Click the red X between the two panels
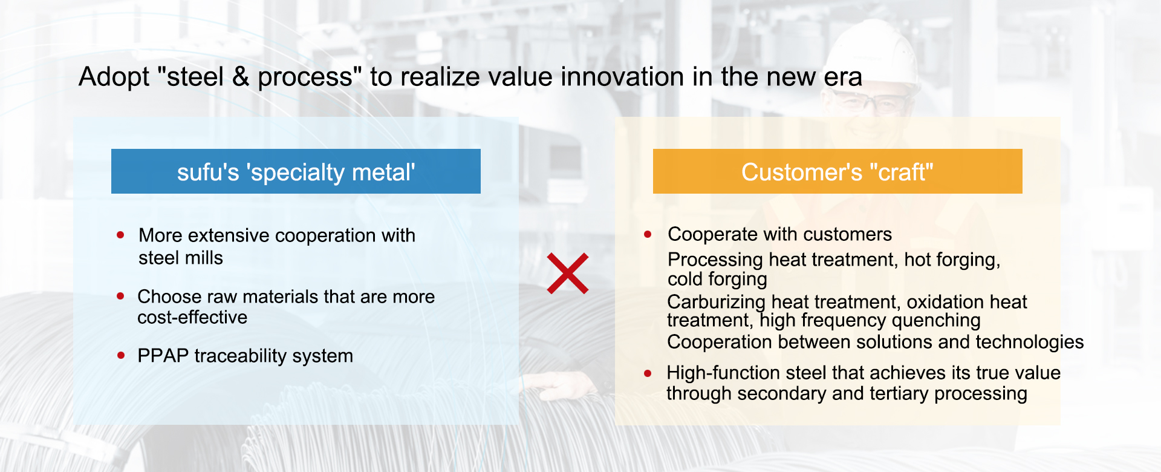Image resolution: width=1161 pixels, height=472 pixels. (568, 274)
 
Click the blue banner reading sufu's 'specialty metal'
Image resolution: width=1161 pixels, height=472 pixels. (296, 171)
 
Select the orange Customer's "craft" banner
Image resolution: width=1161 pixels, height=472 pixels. (837, 171)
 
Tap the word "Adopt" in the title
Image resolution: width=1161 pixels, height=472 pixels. (114, 77)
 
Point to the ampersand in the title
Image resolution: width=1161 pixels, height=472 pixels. (241, 77)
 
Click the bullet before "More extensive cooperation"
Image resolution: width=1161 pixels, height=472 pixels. (120, 235)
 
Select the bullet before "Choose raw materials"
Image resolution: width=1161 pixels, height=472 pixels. (120, 296)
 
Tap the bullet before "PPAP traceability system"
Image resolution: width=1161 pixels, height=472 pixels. (121, 355)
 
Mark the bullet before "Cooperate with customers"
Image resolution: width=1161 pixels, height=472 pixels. (648, 234)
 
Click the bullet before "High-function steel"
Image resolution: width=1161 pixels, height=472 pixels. (648, 373)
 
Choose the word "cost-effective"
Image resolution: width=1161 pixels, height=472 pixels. (192, 318)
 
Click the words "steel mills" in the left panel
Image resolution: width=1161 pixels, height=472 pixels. (181, 258)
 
